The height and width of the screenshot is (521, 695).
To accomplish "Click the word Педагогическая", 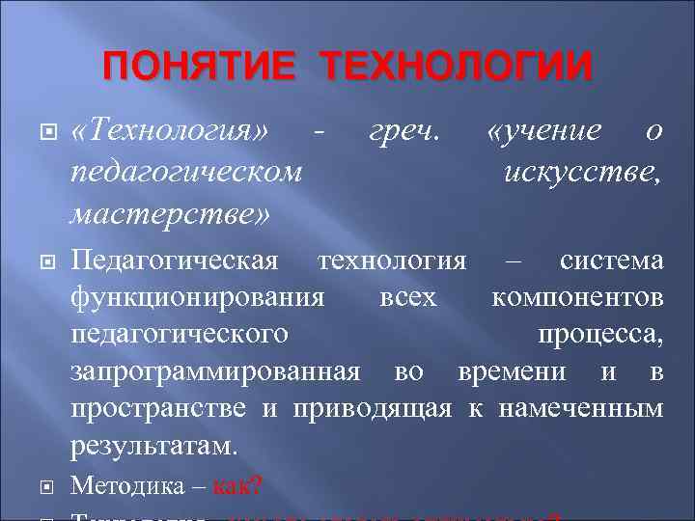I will coord(176,261).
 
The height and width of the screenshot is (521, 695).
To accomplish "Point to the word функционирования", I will coord(198,298).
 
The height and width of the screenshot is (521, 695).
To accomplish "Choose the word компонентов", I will coord(577,298).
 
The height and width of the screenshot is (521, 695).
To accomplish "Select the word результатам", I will coord(153,446).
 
